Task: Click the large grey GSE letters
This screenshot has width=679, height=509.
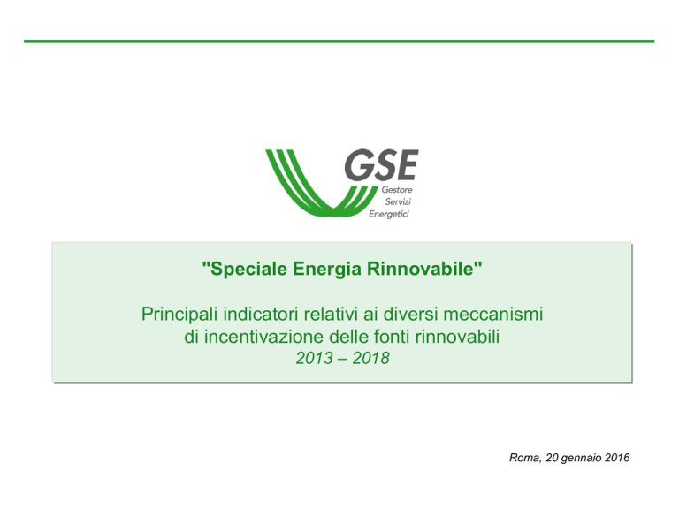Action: (382, 165)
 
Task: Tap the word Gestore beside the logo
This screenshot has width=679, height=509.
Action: (397, 190)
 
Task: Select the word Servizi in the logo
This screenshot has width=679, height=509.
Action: (398, 201)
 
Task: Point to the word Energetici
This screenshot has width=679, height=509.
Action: (389, 214)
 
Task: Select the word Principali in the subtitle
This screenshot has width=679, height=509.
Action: (179, 315)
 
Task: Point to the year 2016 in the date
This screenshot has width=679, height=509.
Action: (617, 458)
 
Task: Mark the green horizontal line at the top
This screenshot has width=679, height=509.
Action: (339, 42)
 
